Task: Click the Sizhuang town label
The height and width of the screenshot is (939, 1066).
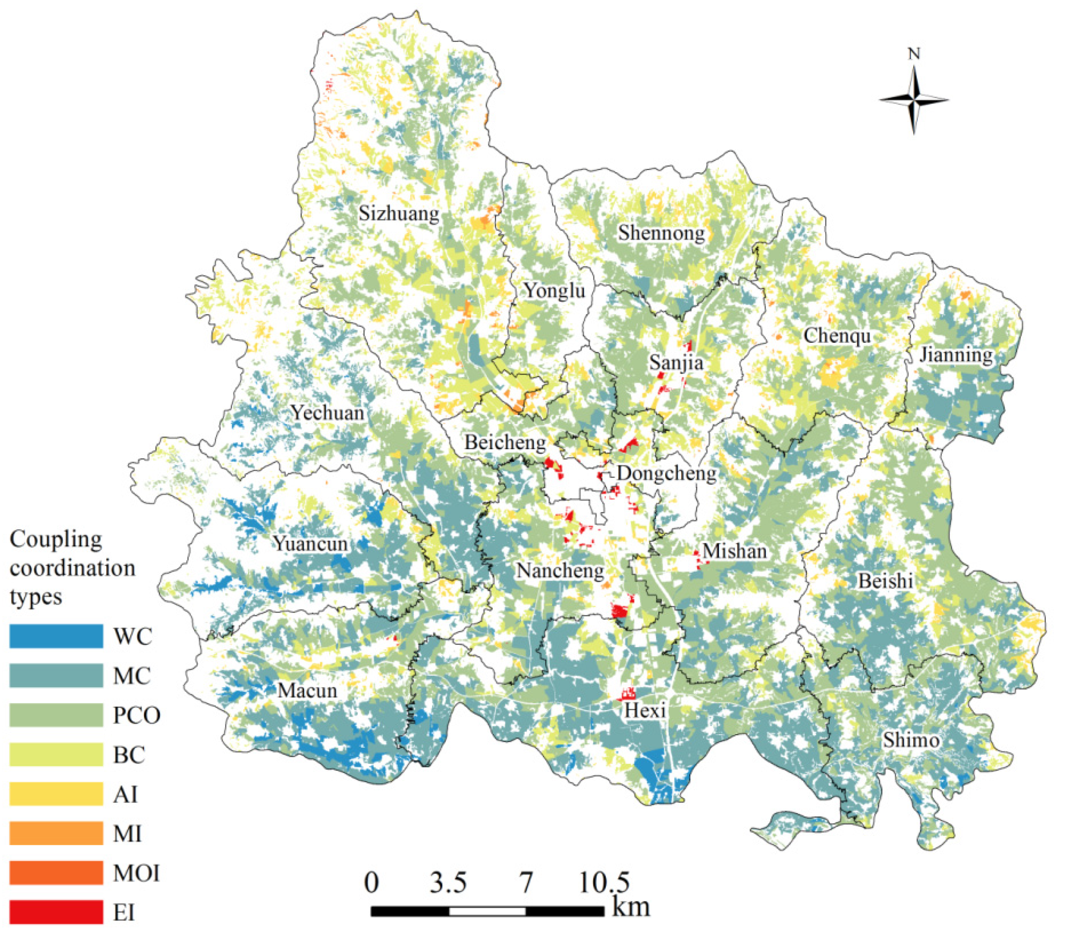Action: click(x=399, y=213)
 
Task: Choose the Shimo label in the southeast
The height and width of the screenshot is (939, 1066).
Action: click(x=911, y=740)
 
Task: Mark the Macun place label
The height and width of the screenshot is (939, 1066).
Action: click(x=307, y=690)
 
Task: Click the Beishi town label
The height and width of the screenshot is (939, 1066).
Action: click(x=886, y=580)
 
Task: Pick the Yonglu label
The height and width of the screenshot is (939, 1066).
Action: click(x=554, y=290)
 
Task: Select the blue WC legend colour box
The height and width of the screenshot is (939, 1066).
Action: click(x=56, y=636)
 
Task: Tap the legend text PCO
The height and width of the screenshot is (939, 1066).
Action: click(x=136, y=715)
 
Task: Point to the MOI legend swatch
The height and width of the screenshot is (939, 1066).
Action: click(x=56, y=873)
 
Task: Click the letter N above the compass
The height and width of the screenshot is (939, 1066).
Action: click(x=914, y=53)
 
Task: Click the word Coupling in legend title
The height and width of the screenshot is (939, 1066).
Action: click(x=56, y=539)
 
